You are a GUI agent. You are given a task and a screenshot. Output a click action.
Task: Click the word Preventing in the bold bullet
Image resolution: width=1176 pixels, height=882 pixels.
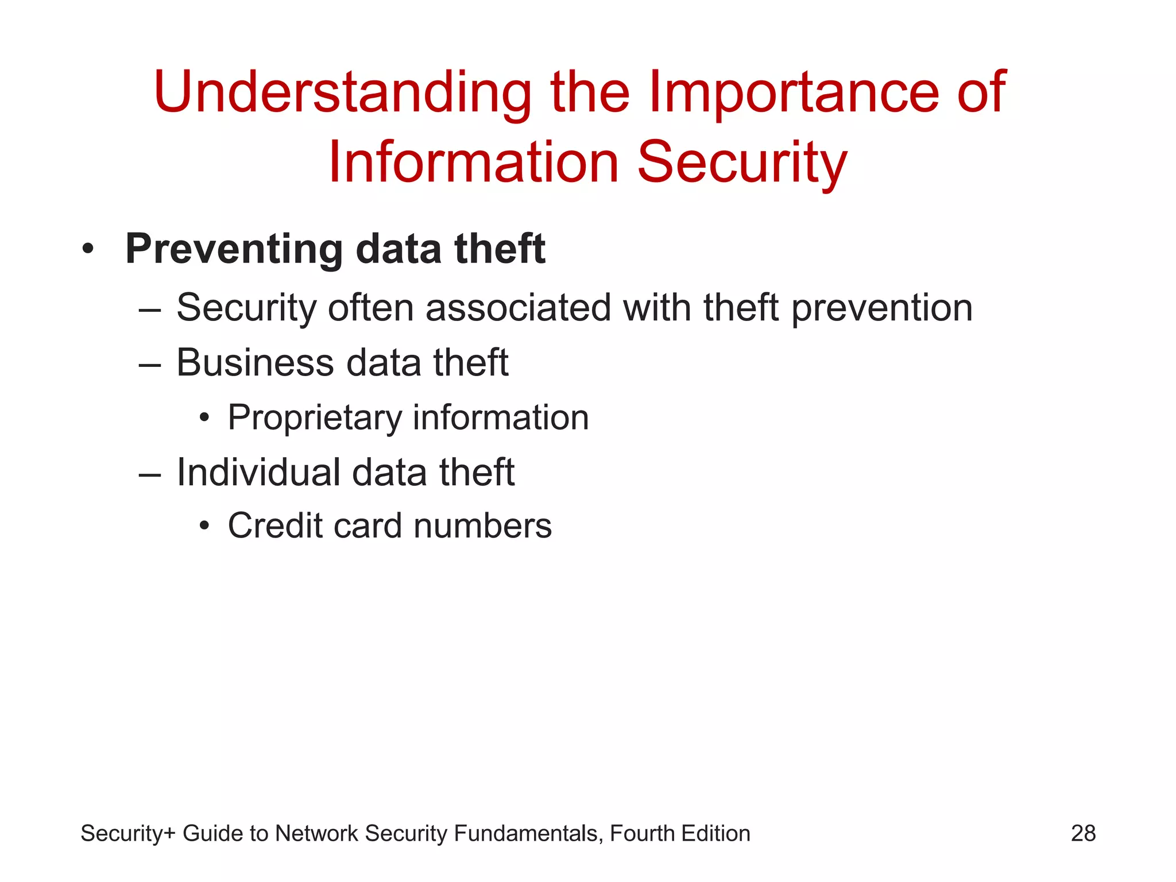(x=234, y=250)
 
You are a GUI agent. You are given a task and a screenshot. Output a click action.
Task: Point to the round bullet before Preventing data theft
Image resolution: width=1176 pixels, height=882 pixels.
(x=87, y=250)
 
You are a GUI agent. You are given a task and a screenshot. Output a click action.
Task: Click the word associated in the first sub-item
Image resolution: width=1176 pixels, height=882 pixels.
(x=518, y=308)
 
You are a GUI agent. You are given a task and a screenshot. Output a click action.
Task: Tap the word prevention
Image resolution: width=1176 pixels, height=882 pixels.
(x=882, y=309)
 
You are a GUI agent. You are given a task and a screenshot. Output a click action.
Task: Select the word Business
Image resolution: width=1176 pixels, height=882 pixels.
(x=255, y=363)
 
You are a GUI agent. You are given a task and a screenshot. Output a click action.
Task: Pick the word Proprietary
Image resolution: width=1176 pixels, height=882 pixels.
(x=315, y=417)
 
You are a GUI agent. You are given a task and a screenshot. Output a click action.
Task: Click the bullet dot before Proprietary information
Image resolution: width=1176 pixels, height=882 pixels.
(x=204, y=419)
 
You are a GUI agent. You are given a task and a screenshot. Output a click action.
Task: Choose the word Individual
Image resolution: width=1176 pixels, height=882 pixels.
(x=258, y=473)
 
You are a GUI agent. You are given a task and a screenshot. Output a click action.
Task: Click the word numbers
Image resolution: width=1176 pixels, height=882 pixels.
(x=482, y=527)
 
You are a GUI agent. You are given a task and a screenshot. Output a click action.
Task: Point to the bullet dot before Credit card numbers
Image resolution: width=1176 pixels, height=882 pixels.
(x=204, y=527)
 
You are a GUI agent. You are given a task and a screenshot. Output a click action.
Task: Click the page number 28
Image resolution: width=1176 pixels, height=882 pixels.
(x=1083, y=833)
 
